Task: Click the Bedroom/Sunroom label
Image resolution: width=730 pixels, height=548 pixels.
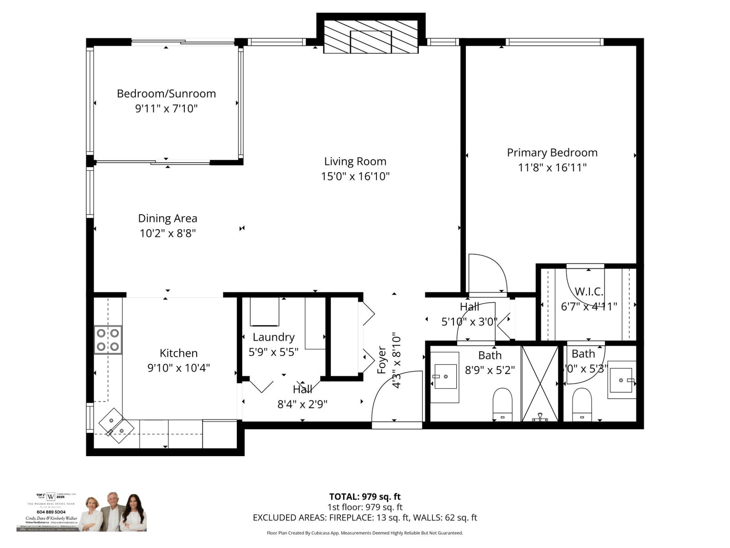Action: point(166,94)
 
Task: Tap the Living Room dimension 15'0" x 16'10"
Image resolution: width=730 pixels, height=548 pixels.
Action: point(355,176)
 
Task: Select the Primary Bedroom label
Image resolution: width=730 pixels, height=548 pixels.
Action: point(552,153)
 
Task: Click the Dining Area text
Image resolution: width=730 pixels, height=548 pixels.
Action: point(167,218)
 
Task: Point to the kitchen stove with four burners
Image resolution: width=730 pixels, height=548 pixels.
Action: point(108,340)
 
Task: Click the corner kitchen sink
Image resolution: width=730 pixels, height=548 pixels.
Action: point(116,426)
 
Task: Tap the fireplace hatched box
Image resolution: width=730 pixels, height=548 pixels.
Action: point(370,37)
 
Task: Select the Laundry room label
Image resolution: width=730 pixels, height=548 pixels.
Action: point(273,337)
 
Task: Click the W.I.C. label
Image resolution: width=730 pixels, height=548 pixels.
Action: point(589,292)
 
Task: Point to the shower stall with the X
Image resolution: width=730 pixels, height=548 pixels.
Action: point(540,384)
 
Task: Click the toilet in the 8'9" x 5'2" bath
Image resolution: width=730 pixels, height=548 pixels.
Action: point(502,404)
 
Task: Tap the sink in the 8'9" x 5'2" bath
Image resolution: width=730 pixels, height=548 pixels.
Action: point(445,376)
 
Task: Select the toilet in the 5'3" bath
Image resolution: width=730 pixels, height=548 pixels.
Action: point(582,404)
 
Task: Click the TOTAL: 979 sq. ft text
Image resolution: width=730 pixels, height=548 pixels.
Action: point(365,497)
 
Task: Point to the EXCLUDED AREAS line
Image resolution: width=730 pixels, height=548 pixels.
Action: point(365,518)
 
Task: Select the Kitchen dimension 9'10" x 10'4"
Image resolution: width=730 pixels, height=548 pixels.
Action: point(178,368)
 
